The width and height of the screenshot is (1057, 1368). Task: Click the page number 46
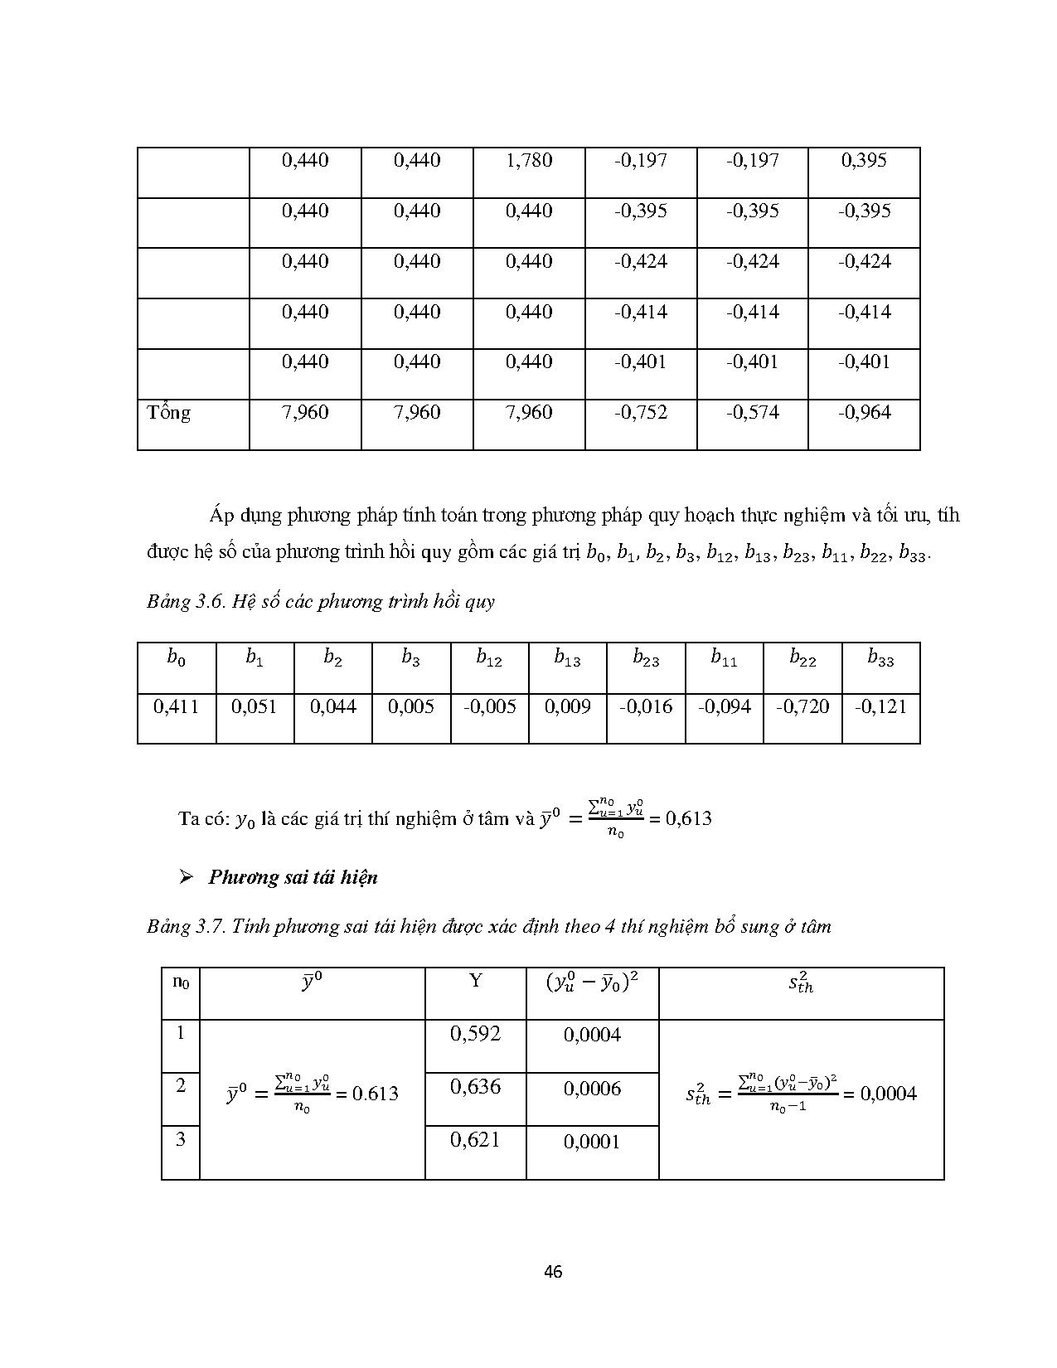(554, 1271)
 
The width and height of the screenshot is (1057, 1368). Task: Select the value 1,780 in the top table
(529, 160)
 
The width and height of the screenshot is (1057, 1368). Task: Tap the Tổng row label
(169, 413)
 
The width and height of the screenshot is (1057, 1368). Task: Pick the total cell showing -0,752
(641, 412)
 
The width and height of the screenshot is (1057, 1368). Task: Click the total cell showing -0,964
(865, 412)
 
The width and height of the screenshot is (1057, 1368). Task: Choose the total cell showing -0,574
(753, 412)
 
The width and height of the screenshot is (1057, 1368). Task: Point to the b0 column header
(176, 658)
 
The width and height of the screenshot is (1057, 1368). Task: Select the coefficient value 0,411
(176, 707)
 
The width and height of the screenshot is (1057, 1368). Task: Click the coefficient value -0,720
(802, 707)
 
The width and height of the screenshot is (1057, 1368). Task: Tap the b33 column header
(880, 658)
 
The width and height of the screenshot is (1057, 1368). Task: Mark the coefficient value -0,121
(880, 707)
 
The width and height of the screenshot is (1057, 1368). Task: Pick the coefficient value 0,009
(568, 707)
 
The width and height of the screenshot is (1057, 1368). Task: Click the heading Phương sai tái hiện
(293, 877)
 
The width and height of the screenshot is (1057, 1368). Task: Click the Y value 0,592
(475, 1034)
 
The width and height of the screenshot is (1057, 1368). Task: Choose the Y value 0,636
(475, 1087)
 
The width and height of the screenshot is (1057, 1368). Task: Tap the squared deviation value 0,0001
(592, 1142)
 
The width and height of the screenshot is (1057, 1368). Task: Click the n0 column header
(181, 982)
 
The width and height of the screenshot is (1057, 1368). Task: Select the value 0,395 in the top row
(864, 160)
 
